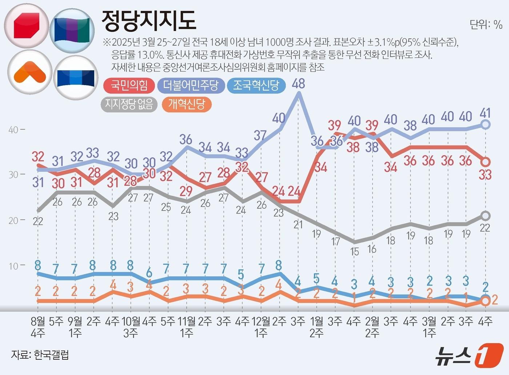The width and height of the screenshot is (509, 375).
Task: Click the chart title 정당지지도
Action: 149,20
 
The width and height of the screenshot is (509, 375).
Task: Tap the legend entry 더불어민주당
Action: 191,85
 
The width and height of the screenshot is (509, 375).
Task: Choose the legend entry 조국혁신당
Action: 256,85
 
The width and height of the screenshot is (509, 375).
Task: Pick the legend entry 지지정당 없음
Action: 129,104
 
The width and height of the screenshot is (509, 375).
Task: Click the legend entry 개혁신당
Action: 187,104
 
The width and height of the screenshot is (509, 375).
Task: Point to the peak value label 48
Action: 298,84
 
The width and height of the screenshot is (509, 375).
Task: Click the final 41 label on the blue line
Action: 485,113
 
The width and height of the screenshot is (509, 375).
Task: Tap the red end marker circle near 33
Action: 485,161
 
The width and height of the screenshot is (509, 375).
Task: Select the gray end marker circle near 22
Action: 485,216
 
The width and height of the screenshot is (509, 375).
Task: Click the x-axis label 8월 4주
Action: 38,327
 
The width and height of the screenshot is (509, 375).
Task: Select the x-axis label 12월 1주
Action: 261,327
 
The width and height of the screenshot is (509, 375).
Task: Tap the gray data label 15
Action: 354,251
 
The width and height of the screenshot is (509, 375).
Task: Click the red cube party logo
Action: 26,26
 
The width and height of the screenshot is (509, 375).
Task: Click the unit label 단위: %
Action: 486,24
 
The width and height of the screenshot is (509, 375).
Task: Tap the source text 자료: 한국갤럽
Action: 40,355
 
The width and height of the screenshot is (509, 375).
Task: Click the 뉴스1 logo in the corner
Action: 469,355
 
